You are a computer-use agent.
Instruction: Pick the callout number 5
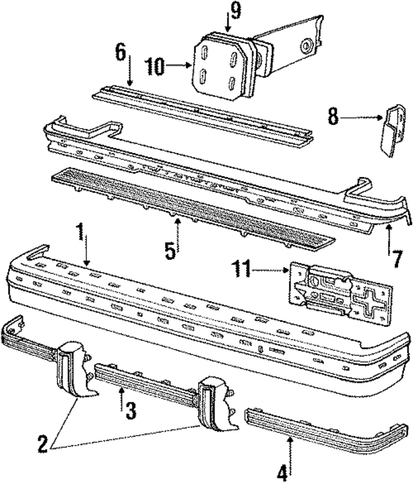point(170,249)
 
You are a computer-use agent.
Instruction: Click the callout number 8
point(332,118)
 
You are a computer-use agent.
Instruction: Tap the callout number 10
point(156,65)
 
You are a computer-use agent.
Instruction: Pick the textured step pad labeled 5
point(194,205)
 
